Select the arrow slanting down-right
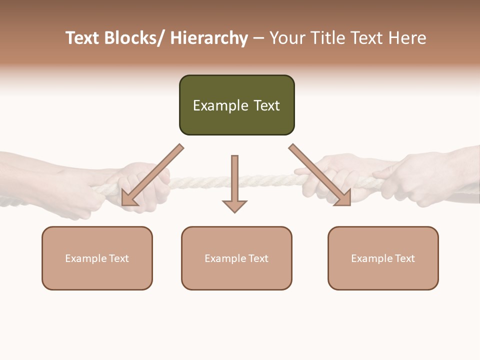click(x=320, y=175)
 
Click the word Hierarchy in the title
click(x=209, y=38)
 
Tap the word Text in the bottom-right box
click(x=405, y=258)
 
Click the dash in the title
click(x=258, y=38)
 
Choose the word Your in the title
click(x=286, y=38)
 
